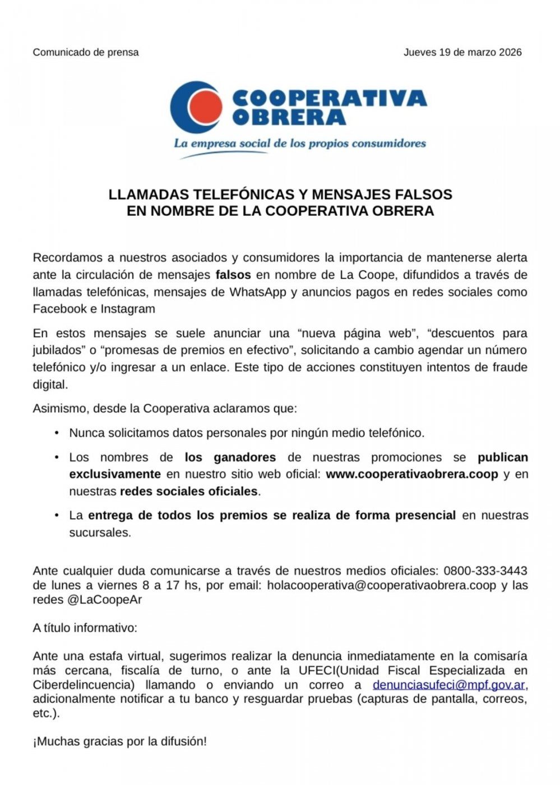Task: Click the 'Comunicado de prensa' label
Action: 86,52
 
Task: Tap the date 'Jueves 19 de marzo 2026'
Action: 462,52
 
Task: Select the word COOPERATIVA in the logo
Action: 329,99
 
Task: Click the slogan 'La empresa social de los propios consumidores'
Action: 300,143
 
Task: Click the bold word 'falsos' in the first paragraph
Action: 233,275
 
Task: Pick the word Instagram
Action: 128,308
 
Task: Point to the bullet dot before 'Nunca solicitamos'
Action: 57,433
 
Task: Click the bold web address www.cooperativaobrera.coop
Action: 412,474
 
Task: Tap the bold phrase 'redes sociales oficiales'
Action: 189,491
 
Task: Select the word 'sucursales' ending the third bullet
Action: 99,532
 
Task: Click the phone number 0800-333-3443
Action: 485,571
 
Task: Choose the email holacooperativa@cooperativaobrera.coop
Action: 382,585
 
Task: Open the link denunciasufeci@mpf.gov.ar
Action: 449,685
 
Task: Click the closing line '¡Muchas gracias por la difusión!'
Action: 120,741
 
